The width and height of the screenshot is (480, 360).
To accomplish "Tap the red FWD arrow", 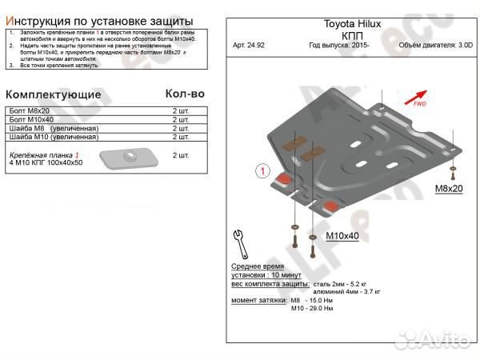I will [415, 99].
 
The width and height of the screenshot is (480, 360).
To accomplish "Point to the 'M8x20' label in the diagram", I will [449, 189].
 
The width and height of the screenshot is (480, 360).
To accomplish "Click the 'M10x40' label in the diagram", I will [343, 236].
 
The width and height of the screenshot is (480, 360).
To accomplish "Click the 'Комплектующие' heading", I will [54, 94].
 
